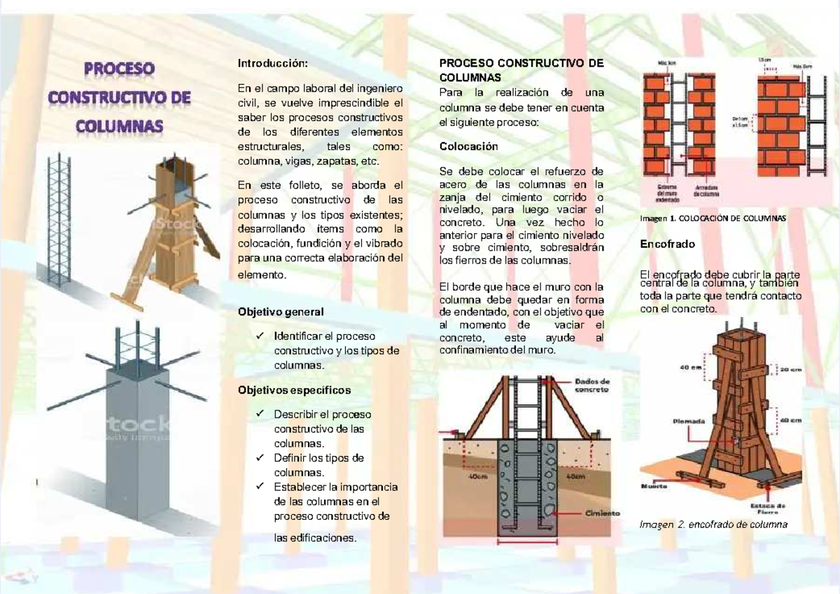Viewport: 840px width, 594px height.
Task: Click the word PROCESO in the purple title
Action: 119,71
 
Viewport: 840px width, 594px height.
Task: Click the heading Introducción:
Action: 272,64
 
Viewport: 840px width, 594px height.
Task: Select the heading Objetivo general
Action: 281,311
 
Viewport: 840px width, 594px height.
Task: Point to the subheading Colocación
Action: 468,146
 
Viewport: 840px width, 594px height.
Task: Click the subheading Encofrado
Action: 668,244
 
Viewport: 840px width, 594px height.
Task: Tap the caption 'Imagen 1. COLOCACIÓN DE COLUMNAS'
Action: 713,218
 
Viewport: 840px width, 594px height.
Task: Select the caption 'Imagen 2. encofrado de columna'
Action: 714,525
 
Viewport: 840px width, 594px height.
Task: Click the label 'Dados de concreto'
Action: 591,385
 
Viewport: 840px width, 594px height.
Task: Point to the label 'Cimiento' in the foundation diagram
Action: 602,513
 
